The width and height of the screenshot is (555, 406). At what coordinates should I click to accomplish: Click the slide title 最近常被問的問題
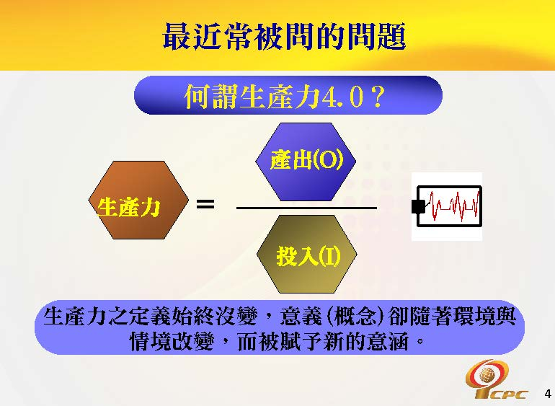point(284,36)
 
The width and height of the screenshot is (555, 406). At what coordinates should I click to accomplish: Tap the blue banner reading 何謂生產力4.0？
point(288,95)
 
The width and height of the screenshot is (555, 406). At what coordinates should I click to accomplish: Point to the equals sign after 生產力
point(205,205)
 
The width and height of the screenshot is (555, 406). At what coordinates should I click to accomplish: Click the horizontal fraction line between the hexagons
point(307,208)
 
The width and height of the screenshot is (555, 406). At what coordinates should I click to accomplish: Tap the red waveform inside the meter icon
point(453,206)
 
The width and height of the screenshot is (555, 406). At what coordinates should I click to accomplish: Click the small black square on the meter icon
point(417,207)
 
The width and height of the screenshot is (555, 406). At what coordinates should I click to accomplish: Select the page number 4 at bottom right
point(548,394)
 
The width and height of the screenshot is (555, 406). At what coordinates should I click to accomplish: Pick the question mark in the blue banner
point(374,97)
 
